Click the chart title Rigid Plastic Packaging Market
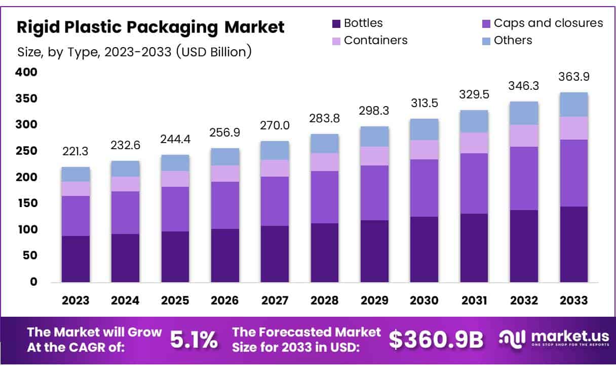150,27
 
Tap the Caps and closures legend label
548,23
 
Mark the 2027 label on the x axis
275,300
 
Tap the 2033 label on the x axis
573,300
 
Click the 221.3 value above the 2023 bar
75,151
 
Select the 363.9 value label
573,77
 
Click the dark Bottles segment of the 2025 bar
175,256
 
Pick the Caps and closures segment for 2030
425,188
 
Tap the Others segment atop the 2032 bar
524,113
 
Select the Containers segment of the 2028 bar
325,162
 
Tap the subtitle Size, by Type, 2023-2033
134,52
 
